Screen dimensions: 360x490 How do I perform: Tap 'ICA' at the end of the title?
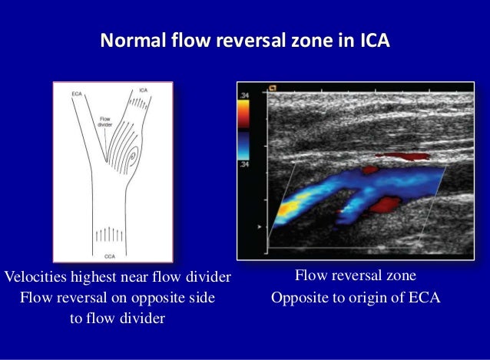374,39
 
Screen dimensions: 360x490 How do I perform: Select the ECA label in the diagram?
77,94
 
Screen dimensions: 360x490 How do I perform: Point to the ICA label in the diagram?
144,91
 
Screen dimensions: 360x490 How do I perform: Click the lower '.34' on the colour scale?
245,165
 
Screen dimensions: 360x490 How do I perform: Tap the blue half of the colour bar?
244,145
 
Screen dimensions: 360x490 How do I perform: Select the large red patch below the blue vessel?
384,203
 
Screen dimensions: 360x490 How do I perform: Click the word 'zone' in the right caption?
399,275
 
